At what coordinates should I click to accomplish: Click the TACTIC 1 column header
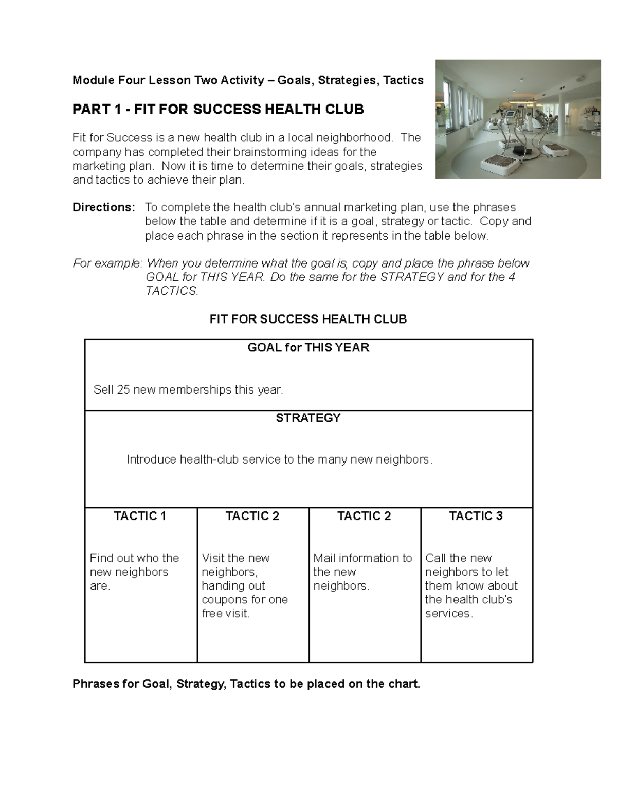(140, 516)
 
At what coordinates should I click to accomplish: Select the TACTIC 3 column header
(476, 516)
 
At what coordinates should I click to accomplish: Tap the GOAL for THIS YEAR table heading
(308, 348)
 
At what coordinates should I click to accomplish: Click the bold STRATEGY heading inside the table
(308, 418)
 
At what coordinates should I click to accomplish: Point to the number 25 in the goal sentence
(123, 390)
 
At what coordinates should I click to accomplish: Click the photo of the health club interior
(518, 119)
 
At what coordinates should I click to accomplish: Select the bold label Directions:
(104, 207)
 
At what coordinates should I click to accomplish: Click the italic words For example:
(107, 263)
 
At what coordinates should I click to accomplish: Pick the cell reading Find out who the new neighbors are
(134, 572)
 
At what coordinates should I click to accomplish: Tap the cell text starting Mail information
(362, 572)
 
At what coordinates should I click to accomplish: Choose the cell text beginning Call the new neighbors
(471, 585)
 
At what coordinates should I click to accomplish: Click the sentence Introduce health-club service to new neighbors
(279, 459)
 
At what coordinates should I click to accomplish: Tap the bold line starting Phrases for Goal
(246, 684)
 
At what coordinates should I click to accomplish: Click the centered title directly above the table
(308, 319)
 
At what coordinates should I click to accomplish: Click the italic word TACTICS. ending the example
(172, 291)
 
